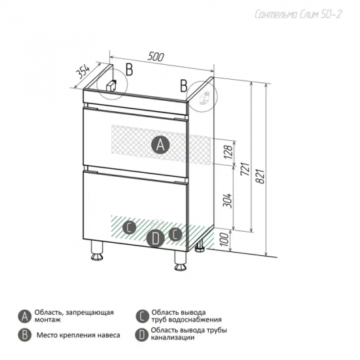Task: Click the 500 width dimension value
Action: (x=156, y=56)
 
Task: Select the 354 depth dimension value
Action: (x=82, y=72)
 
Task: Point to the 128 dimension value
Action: (x=228, y=152)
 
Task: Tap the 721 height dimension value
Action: (x=245, y=169)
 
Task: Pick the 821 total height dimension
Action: (x=261, y=176)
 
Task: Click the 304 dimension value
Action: (x=228, y=201)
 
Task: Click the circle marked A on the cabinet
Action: (x=160, y=145)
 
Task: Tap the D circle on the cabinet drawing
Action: (x=155, y=238)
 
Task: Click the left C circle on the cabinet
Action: (x=130, y=228)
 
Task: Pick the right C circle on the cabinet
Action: (x=175, y=234)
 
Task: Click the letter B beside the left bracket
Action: (x=130, y=69)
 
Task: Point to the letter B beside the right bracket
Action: (x=184, y=86)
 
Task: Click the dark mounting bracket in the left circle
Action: (x=111, y=86)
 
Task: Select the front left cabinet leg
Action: (x=97, y=251)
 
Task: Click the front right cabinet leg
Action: (x=181, y=261)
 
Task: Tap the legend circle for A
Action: (x=25, y=317)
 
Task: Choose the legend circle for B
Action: (x=25, y=335)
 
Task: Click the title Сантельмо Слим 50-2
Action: (x=298, y=14)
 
